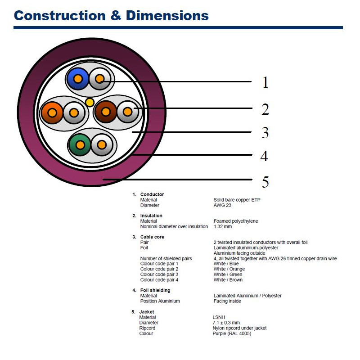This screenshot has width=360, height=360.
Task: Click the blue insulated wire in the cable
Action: (x=77, y=79)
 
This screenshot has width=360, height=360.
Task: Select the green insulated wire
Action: (x=80, y=145)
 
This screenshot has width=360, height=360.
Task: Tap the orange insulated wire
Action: (x=52, y=113)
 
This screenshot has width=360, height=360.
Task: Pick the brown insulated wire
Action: (x=106, y=112)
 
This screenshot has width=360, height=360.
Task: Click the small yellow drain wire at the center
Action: (x=90, y=103)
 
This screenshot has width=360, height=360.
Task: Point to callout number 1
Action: (x=265, y=82)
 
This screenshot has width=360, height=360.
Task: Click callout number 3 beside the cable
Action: (x=265, y=132)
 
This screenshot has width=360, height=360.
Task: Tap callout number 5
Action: (x=265, y=182)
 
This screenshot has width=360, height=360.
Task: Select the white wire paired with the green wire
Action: (x=102, y=145)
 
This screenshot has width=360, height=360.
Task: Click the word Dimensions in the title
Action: (x=167, y=16)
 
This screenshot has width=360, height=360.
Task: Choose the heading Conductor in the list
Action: (x=152, y=194)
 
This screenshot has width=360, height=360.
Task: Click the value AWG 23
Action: (x=222, y=205)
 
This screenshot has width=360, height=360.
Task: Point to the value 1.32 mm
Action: (x=222, y=226)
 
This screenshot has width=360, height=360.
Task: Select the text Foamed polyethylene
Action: (x=235, y=221)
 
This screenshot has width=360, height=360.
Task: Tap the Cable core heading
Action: (x=152, y=237)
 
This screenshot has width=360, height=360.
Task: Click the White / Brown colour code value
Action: (x=228, y=279)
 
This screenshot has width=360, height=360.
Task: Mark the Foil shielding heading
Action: (x=155, y=290)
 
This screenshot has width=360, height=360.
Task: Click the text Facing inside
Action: (x=227, y=301)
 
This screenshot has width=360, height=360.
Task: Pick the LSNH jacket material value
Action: (x=219, y=317)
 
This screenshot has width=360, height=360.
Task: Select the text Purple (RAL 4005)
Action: (x=232, y=333)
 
